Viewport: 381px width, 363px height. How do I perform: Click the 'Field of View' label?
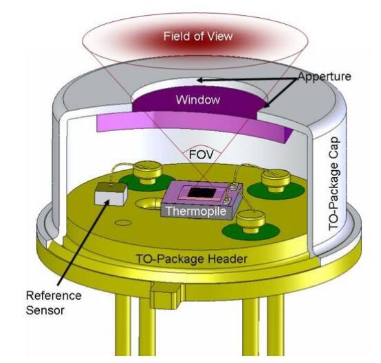[x=198, y=36]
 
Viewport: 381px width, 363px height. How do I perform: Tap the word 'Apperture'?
[x=325, y=76]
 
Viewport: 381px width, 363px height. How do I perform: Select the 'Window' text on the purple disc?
[x=198, y=99]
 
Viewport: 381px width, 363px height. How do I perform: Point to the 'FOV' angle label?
[x=202, y=154]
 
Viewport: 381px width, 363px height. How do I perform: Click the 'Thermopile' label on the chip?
[x=196, y=211]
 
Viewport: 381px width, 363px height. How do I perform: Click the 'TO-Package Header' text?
[x=191, y=259]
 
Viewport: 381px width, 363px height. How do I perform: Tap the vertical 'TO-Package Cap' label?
[x=334, y=184]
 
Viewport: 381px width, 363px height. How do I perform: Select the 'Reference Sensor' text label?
[x=54, y=303]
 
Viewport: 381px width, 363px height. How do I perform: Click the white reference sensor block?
[x=111, y=194]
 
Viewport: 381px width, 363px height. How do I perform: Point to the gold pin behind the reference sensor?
[x=147, y=173]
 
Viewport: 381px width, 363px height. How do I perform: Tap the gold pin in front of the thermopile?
[x=251, y=221]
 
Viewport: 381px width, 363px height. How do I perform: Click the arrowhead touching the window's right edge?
[x=266, y=104]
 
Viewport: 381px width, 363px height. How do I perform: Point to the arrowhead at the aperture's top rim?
[x=201, y=80]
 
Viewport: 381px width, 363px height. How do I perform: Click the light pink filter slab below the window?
[x=192, y=128]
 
